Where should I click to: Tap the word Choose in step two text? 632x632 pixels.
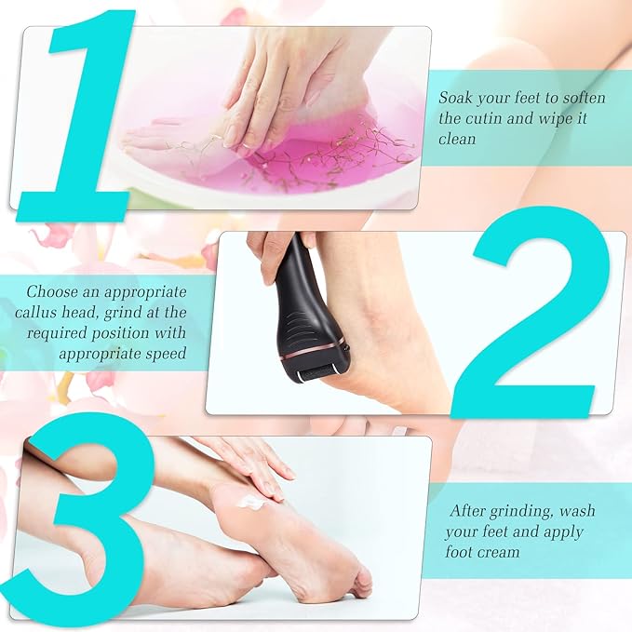(51, 290)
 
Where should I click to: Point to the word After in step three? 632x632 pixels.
(470, 511)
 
